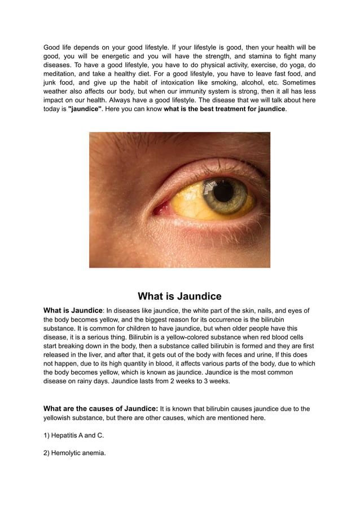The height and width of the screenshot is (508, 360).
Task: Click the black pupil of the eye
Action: [x=224, y=192]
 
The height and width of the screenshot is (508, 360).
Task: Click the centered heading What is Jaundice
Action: [x=179, y=297]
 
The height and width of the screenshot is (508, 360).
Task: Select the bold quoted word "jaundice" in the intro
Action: [x=85, y=109]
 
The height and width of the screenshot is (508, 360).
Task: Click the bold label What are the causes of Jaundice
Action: [x=100, y=409]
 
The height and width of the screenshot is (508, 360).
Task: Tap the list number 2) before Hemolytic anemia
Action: [x=47, y=452]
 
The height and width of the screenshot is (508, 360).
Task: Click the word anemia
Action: [x=93, y=452]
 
